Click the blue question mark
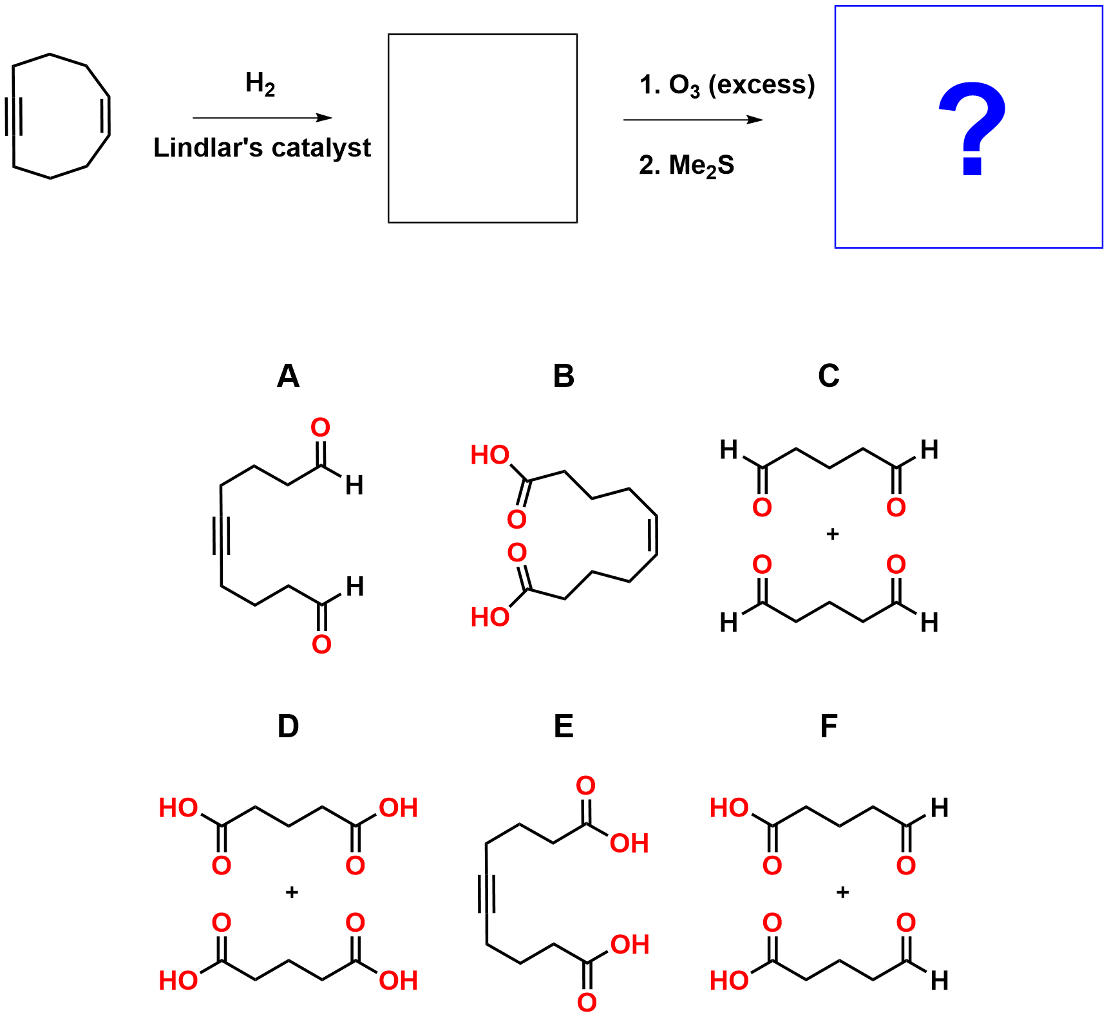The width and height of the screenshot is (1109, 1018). (x=971, y=129)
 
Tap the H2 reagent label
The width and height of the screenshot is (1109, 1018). (x=260, y=84)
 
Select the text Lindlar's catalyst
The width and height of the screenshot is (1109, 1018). (x=262, y=148)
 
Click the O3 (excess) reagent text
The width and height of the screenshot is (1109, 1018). (x=727, y=85)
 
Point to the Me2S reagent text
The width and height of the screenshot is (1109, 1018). (x=687, y=165)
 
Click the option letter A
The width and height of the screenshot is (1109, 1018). (x=288, y=376)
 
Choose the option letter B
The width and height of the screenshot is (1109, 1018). (x=564, y=376)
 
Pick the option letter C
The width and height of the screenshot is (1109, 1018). (x=829, y=376)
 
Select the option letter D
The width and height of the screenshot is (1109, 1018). (x=288, y=726)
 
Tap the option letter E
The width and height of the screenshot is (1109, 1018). (x=564, y=726)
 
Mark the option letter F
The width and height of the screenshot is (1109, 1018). (x=829, y=726)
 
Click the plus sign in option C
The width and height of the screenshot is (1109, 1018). (x=832, y=534)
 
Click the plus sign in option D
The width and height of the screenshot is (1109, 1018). (x=292, y=892)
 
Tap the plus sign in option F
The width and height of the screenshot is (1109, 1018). (x=842, y=892)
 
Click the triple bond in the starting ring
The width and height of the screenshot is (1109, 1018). (x=13, y=116)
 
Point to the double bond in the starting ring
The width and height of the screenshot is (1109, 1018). (x=107, y=116)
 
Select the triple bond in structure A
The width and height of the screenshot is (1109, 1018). (x=221, y=536)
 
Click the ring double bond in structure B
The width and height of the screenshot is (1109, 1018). (x=655, y=535)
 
